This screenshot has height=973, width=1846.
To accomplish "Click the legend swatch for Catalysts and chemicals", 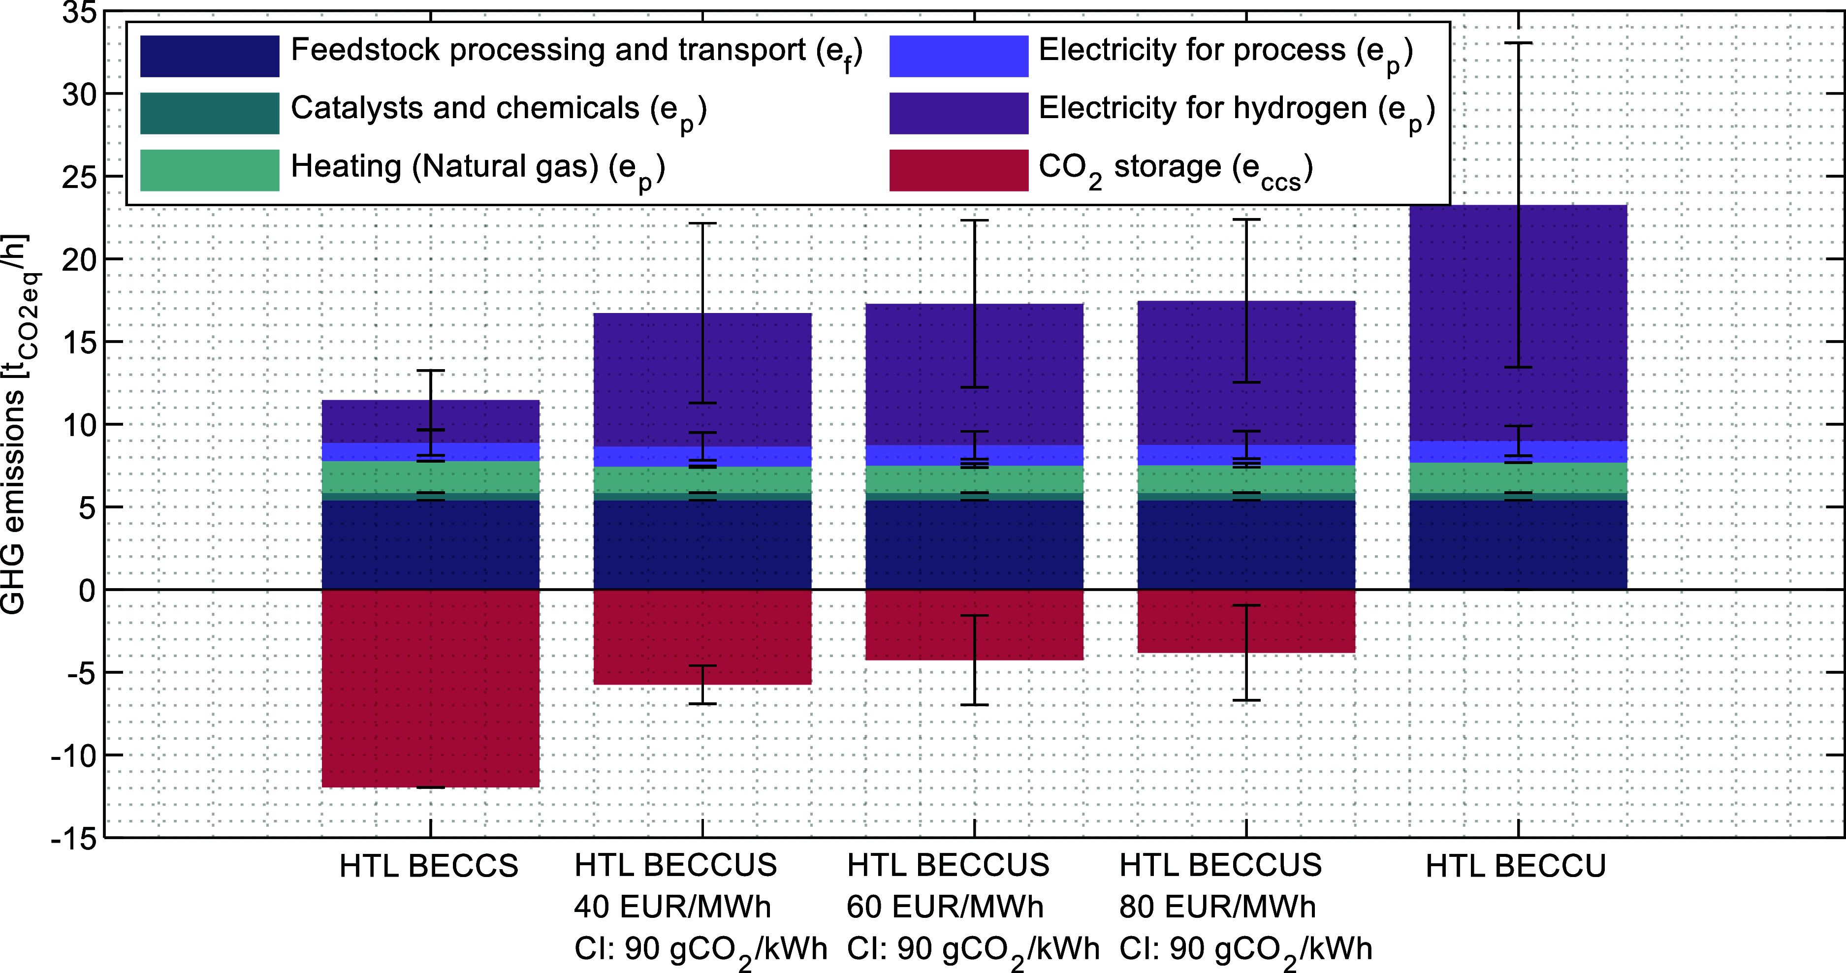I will pyautogui.click(x=209, y=113).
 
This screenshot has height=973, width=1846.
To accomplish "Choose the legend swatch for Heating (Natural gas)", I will pyautogui.click(x=209, y=170).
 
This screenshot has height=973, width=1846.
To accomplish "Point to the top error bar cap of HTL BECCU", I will pyautogui.click(x=1518, y=43).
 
